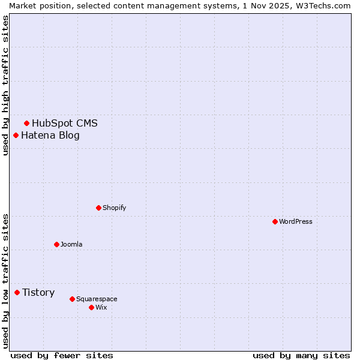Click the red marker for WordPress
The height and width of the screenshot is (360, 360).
pyautogui.click(x=275, y=221)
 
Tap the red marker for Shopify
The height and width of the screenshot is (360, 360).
pyautogui.click(x=98, y=208)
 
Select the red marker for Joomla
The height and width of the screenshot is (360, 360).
pyautogui.click(x=56, y=244)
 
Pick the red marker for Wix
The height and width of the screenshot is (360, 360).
pyautogui.click(x=91, y=307)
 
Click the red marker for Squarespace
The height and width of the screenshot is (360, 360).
pyautogui.click(x=72, y=299)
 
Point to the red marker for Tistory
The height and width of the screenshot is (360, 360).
pyautogui.click(x=17, y=292)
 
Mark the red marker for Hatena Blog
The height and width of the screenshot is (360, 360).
pyautogui.click(x=16, y=135)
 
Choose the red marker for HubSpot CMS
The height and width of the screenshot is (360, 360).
pyautogui.click(x=26, y=123)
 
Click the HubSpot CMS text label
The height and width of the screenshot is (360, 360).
pyautogui.click(x=65, y=124)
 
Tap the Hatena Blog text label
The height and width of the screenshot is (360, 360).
pyautogui.click(x=50, y=136)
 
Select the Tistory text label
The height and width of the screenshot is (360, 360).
pyautogui.click(x=38, y=293)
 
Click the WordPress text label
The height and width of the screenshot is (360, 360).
pyautogui.click(x=296, y=221)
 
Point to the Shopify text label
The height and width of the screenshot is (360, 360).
pyautogui.click(x=114, y=208)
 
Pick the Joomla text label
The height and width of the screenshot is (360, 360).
pyautogui.click(x=71, y=244)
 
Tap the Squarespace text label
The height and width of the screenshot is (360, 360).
pyautogui.click(x=97, y=299)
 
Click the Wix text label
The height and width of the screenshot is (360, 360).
pyautogui.click(x=101, y=307)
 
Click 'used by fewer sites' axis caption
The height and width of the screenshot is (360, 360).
pyautogui.click(x=62, y=355)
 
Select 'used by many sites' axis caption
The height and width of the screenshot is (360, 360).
pyautogui.click(x=301, y=355)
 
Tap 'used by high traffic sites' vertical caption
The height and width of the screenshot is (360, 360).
pyautogui.click(x=5, y=85)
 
